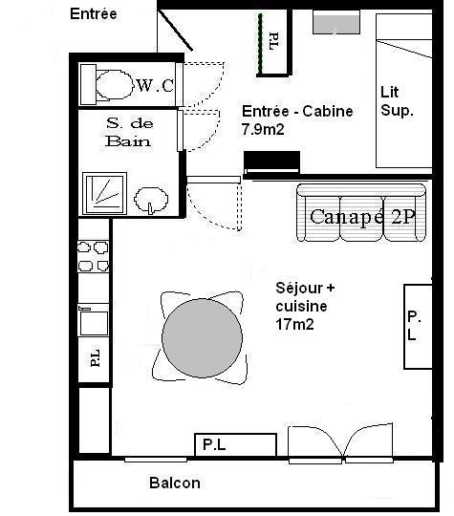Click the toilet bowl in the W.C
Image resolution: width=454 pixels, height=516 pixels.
coord(115,85)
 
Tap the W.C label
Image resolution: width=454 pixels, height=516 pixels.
coord(155,86)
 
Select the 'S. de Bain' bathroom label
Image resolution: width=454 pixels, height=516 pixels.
coord(129,132)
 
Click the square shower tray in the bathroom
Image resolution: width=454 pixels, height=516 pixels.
coord(105,193)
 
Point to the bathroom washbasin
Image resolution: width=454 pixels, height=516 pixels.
coord(151,200)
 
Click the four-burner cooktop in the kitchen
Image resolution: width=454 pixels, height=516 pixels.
coord(94,256)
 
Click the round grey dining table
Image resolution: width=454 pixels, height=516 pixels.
coord(202,338)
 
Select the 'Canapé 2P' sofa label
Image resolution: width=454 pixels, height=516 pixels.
coord(362,217)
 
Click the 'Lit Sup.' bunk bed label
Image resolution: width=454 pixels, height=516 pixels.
coord(397,101)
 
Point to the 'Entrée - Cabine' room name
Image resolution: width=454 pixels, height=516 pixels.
coord(297,111)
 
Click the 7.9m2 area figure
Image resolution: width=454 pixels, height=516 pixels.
coord(263,129)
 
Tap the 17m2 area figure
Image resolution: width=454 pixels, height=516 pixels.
coord(294,325)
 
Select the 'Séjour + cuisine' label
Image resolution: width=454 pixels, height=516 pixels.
coord(305,297)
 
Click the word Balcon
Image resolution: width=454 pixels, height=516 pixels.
coord(175,484)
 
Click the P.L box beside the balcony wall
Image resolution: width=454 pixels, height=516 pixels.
coord(235,445)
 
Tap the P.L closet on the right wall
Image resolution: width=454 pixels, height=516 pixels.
coord(418,327)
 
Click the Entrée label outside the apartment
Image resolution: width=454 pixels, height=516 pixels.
coord(94,13)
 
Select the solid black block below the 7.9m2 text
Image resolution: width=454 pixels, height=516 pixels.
coord(271,161)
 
